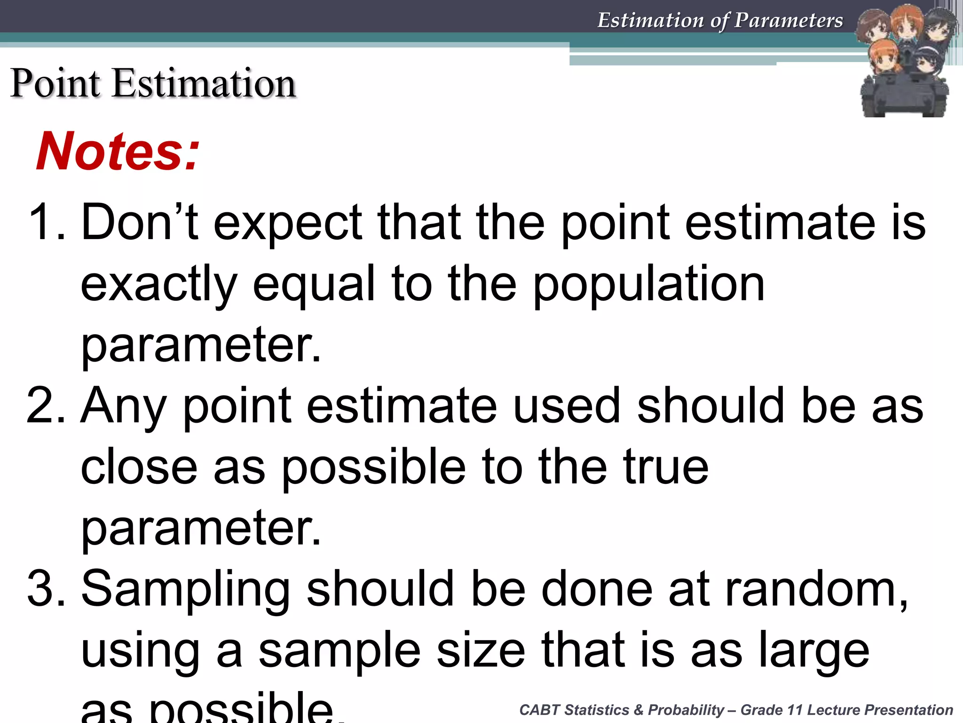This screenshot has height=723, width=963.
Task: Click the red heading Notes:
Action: tap(118, 151)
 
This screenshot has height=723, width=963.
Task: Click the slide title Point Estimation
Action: tap(153, 83)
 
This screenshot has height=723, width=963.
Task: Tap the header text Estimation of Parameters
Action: tap(720, 20)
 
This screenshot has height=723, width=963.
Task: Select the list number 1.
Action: tap(45, 222)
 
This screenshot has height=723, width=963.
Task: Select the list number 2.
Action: tap(45, 405)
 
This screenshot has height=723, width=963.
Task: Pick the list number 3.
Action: tap(45, 589)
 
